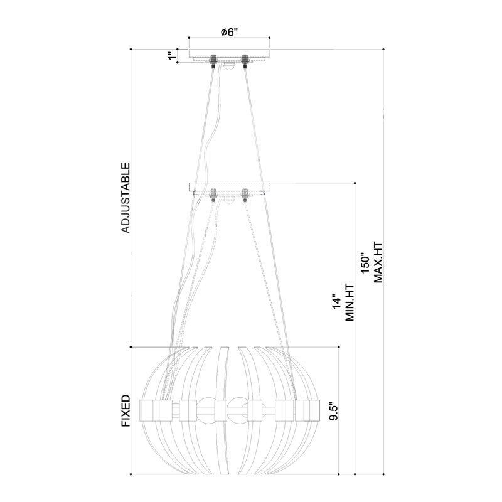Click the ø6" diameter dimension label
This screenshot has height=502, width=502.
[x=230, y=32]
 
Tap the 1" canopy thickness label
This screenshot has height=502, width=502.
[x=170, y=57]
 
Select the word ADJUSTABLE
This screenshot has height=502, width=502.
[x=125, y=198]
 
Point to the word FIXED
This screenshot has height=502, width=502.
[x=125, y=411]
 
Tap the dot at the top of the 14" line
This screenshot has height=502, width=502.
[x=355, y=183]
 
